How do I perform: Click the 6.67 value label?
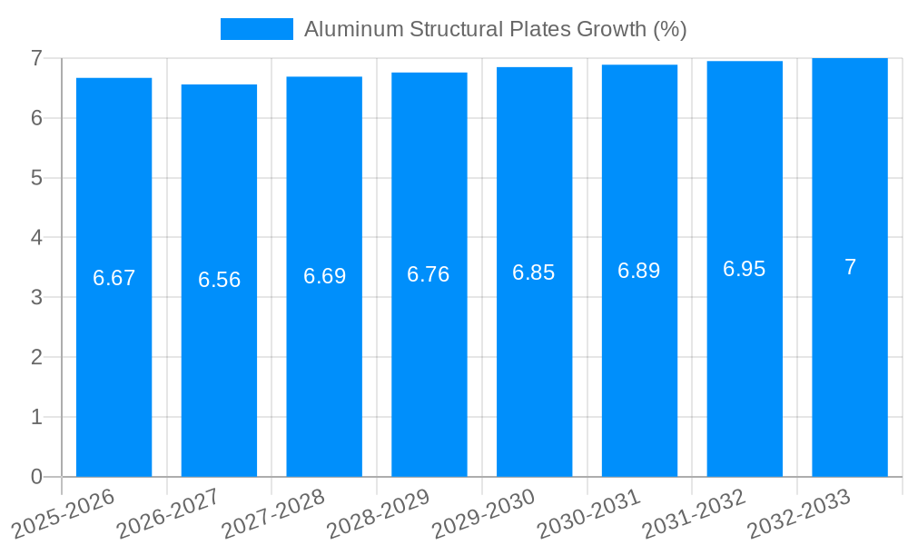(113, 278)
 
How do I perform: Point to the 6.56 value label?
(219, 280)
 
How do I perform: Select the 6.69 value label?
(324, 276)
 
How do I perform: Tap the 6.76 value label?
(429, 274)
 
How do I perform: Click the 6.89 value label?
(639, 271)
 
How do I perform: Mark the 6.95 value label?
(745, 269)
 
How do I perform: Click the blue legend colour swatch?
(256, 29)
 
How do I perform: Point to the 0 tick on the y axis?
(36, 477)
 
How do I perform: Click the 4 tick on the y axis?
(36, 238)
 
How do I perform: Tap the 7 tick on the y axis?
(36, 59)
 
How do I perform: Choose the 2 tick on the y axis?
(36, 357)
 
